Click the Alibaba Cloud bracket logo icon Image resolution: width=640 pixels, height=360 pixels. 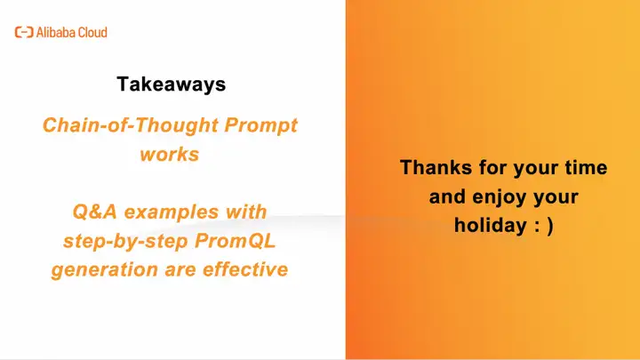pos(24,32)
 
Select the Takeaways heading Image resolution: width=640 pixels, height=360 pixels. pos(171,84)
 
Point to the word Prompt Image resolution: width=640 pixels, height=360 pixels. pos(260,125)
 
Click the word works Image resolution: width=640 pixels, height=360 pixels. pos(170,155)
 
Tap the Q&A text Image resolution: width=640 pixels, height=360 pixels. pos(95,212)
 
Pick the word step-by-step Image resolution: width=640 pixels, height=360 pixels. pos(125,241)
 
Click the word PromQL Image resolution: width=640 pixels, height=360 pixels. pos(235,241)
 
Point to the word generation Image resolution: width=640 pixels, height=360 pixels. pos(105,270)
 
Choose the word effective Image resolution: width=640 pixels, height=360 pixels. pos(245,269)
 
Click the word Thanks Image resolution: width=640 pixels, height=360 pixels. pos(436,167)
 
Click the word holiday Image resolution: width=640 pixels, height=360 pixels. pos(490,225)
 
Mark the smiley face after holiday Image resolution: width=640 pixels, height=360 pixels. pos(544,226)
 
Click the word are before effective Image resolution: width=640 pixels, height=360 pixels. pos(180,270)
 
